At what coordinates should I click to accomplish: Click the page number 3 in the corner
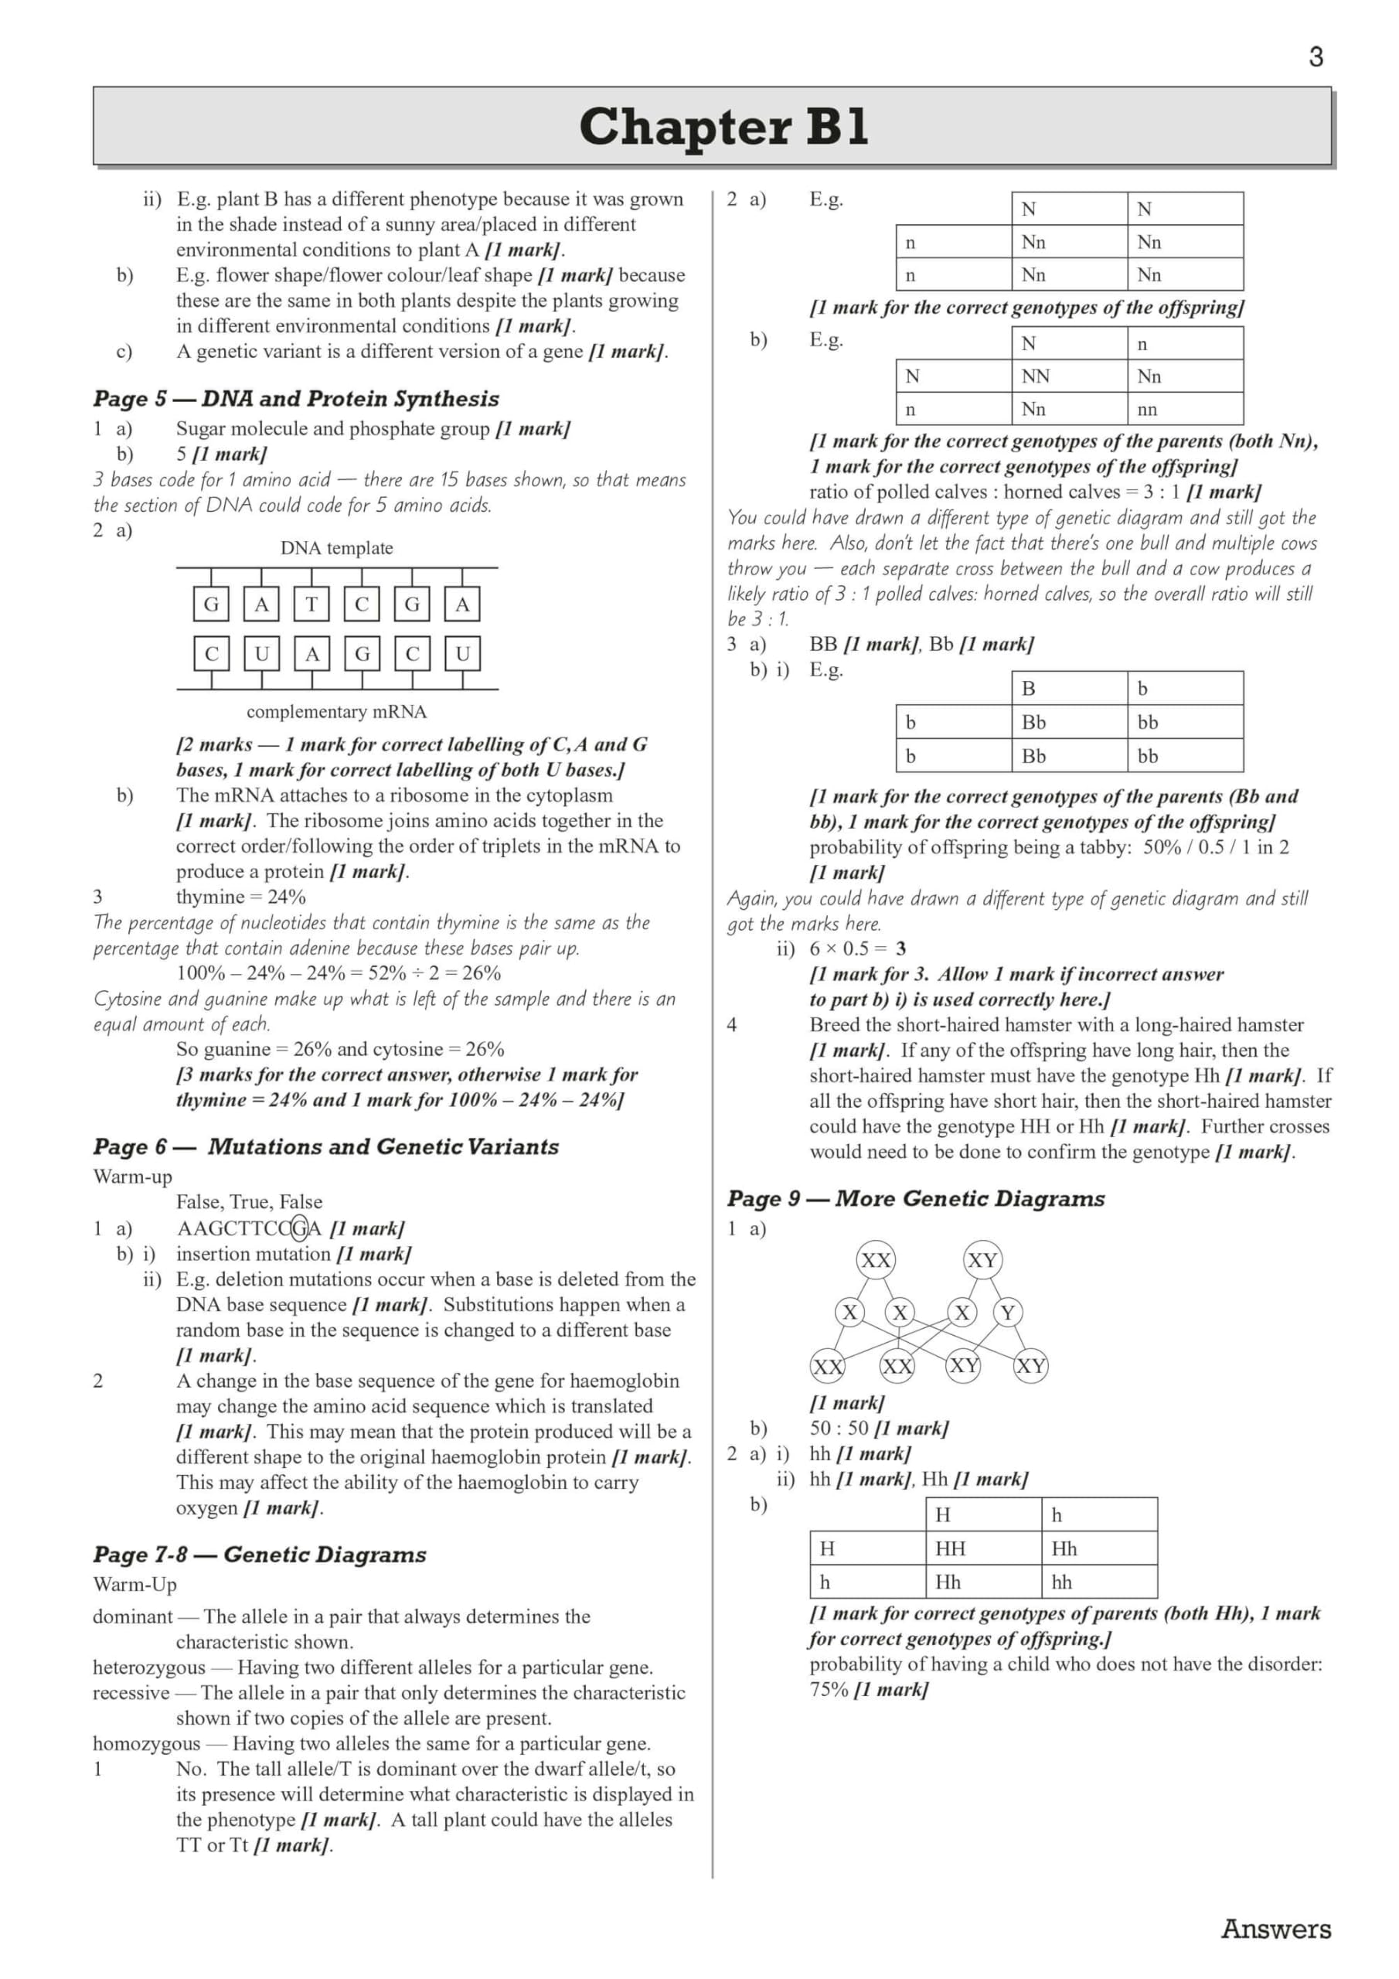tap(1316, 57)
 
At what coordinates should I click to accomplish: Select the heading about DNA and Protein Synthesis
tap(296, 398)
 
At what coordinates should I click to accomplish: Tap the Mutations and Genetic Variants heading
tap(326, 1146)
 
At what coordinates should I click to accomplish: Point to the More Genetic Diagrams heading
tap(915, 1198)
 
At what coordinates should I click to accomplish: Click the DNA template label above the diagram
tap(336, 548)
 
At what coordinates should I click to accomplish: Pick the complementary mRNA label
tap(336, 712)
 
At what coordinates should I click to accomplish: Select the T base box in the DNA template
tap(311, 605)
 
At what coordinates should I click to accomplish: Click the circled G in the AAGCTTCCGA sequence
tap(299, 1228)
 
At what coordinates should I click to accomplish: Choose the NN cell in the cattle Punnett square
tap(1035, 376)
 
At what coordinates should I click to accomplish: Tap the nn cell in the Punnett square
tap(1146, 410)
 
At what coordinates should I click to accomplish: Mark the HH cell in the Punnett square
tap(950, 1548)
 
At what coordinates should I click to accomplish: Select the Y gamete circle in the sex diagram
tap(1008, 1313)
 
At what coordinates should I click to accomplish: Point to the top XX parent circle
tap(876, 1260)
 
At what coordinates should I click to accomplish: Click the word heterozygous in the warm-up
tap(149, 1667)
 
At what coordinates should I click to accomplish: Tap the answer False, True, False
tap(249, 1201)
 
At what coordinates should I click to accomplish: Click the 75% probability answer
tap(829, 1689)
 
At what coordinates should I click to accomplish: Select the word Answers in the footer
tap(1276, 1929)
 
